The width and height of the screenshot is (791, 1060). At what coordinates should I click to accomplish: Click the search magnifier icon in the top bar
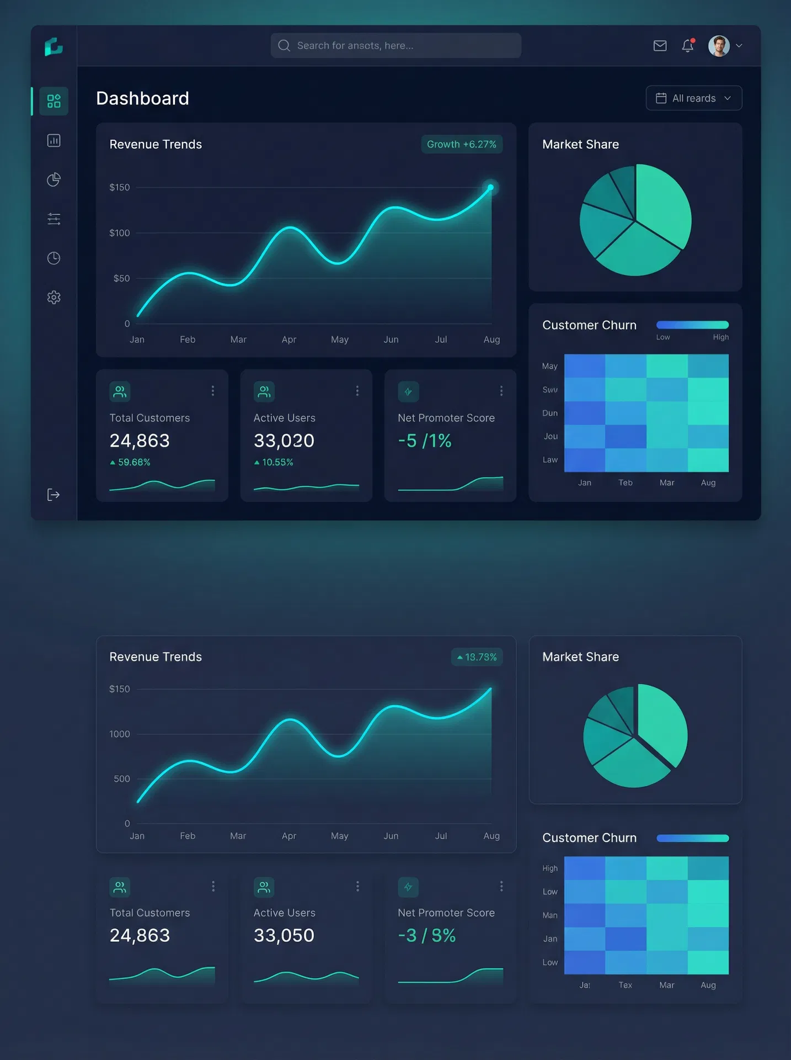coord(284,45)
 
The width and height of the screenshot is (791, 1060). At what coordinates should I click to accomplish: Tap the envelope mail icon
coord(660,46)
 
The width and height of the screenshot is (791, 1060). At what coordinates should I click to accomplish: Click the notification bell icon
coord(687,46)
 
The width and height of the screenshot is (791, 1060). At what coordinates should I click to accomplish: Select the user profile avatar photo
coord(719,46)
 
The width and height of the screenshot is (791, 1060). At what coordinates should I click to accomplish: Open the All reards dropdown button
coord(693,98)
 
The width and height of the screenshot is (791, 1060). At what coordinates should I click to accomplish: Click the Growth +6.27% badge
coord(462,144)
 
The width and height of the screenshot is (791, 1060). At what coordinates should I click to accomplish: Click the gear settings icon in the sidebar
coord(54,298)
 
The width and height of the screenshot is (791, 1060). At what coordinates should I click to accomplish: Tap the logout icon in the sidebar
coord(54,495)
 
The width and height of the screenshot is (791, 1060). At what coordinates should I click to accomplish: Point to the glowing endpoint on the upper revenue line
coord(490,187)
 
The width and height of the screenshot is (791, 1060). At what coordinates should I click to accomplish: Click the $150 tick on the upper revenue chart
coord(120,188)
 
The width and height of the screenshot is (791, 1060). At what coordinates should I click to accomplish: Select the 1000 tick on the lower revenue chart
coord(120,734)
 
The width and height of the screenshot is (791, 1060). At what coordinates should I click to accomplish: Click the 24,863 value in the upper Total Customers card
coord(140,441)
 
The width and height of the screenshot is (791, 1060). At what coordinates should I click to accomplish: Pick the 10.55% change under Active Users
coord(277,462)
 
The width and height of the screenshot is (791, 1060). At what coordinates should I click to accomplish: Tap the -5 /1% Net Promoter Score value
coord(425,441)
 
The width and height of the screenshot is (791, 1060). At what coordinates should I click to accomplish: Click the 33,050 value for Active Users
coord(284,935)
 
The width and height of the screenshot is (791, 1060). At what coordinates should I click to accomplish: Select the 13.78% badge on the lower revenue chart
coord(477,657)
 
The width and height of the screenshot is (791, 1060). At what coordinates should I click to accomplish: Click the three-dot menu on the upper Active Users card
coord(357,391)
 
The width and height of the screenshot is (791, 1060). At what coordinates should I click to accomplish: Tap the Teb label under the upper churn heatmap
coord(626,483)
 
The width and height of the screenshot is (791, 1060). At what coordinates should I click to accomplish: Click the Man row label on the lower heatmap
coord(550,915)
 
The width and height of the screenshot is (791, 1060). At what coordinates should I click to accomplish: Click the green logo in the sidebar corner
coord(54,47)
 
